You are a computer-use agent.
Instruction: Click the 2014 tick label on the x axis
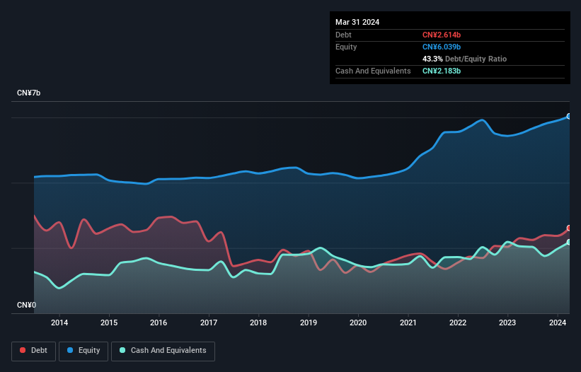click(59, 323)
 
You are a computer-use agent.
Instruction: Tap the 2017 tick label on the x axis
click(209, 323)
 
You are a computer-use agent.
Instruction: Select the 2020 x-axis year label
click(358, 323)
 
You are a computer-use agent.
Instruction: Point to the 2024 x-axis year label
click(558, 323)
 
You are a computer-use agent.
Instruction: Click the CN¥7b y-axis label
click(30, 93)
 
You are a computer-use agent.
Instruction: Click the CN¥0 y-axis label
click(27, 305)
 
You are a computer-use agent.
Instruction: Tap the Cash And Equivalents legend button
click(163, 350)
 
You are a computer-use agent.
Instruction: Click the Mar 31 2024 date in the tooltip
click(357, 22)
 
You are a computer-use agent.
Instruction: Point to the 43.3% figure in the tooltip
click(432, 59)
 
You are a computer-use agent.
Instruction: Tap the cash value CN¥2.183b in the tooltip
click(442, 71)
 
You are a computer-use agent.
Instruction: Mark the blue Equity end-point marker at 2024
click(569, 116)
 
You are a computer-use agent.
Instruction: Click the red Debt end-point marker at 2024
click(569, 228)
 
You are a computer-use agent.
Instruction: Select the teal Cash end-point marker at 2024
click(569, 242)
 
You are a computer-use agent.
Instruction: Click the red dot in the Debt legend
click(23, 350)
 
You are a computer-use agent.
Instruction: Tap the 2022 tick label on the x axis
click(458, 323)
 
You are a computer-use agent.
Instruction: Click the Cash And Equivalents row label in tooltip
click(373, 71)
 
